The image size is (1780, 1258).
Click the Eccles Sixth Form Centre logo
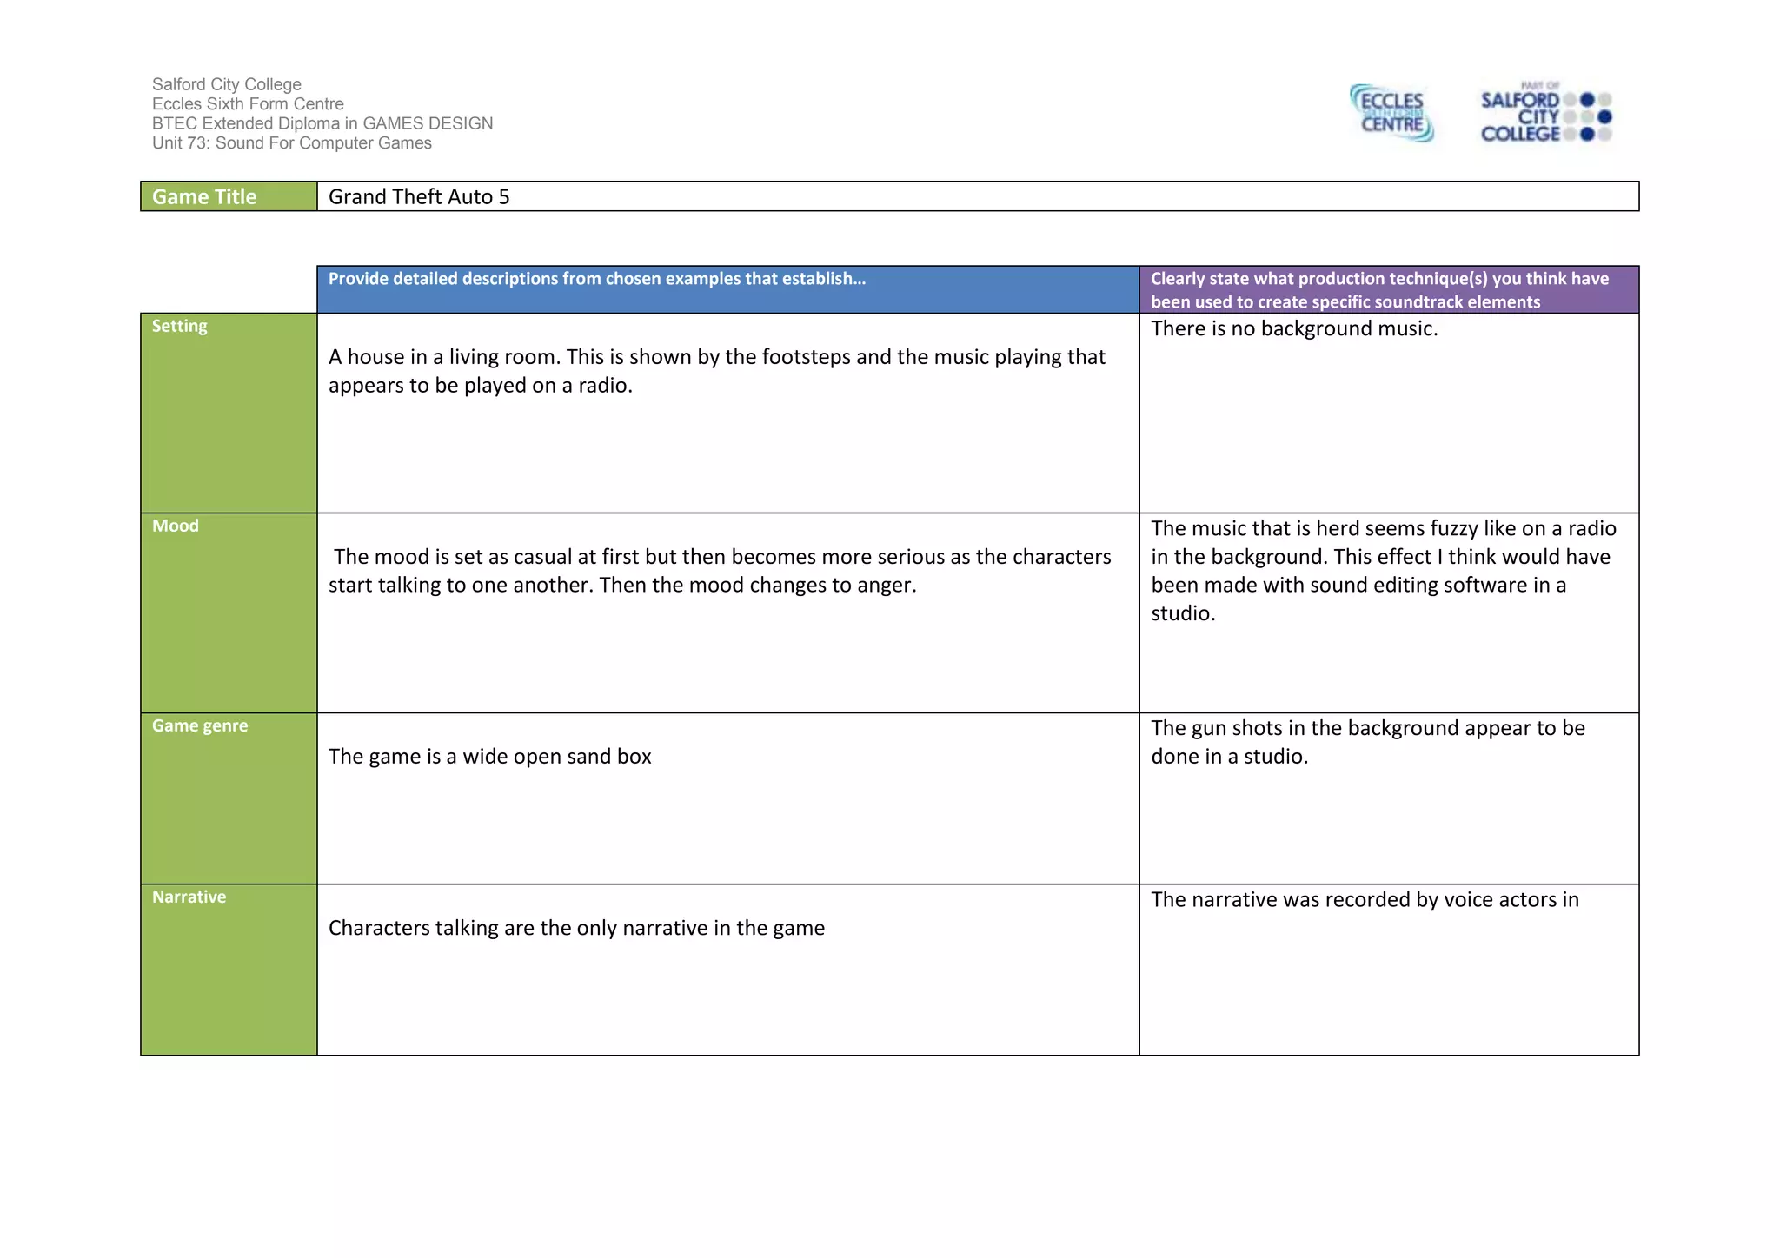(x=1391, y=113)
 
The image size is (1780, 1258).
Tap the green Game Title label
(x=205, y=197)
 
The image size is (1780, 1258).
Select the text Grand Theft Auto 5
(x=419, y=197)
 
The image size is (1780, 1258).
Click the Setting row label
(x=180, y=327)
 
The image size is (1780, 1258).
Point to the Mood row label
(x=176, y=526)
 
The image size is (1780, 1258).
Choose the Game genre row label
(x=200, y=726)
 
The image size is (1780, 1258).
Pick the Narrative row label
(x=189, y=897)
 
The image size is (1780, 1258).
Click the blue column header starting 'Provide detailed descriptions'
(x=597, y=279)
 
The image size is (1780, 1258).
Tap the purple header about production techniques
(x=1379, y=290)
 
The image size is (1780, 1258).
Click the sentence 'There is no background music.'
(x=1294, y=329)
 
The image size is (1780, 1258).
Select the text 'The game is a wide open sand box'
(x=490, y=757)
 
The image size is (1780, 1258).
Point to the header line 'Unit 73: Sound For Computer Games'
(x=292, y=143)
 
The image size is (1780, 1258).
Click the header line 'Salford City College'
(x=227, y=84)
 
